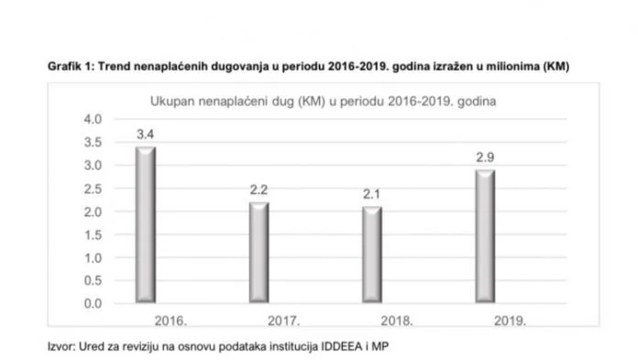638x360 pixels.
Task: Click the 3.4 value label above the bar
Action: [x=145, y=136]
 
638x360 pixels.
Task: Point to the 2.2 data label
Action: [x=260, y=191]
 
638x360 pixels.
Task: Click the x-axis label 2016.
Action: [x=171, y=322]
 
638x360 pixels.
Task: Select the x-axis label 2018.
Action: [x=399, y=322]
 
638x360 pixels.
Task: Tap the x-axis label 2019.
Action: [x=510, y=322]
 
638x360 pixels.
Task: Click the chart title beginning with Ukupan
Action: [x=323, y=101]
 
